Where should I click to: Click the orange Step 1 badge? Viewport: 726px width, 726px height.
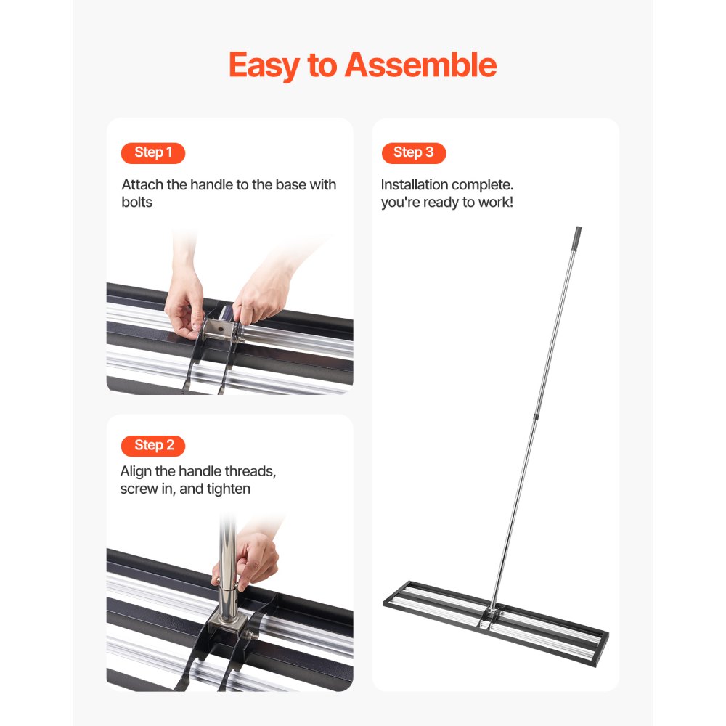153,152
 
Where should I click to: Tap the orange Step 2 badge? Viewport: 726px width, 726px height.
153,445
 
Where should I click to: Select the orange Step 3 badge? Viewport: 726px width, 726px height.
413,152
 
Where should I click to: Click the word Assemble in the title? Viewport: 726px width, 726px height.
420,65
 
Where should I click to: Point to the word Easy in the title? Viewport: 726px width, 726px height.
263,65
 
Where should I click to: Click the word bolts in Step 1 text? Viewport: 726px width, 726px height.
137,202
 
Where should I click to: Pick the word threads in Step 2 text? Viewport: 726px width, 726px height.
249,471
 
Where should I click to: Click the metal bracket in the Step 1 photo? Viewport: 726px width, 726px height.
217,331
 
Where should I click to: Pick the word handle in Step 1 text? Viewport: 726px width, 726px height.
211,184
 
